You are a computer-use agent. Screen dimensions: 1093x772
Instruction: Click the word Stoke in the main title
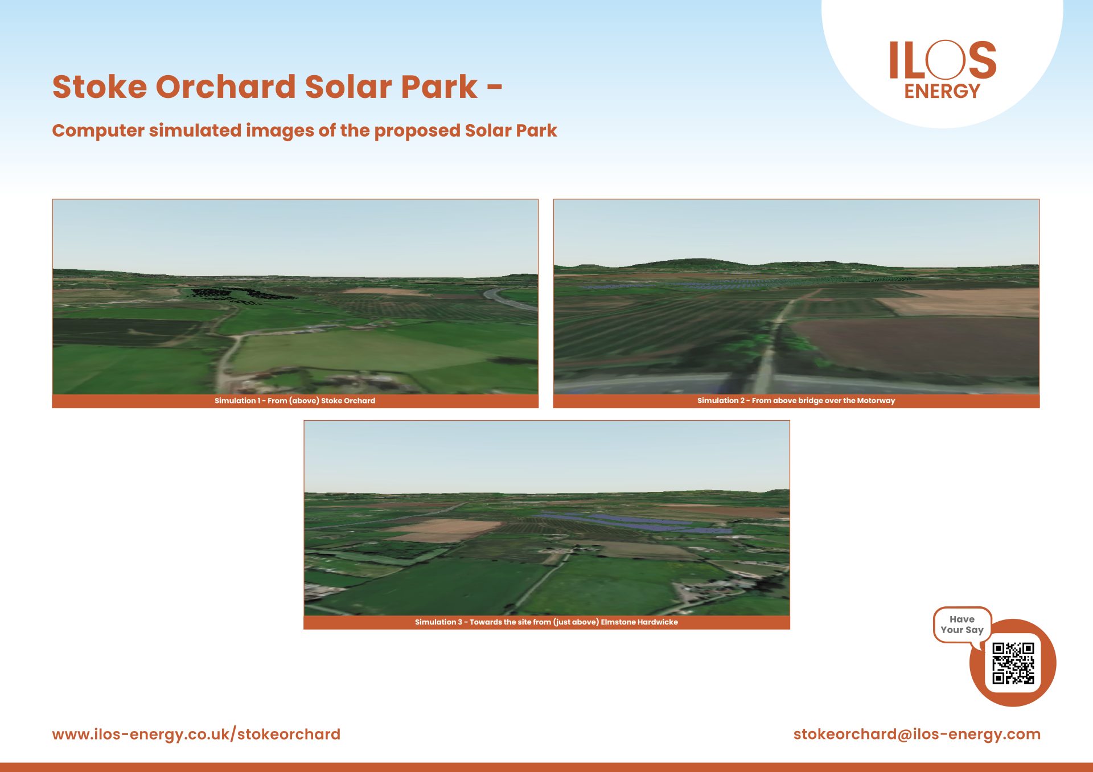(x=100, y=87)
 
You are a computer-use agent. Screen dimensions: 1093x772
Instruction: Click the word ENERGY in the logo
(x=942, y=91)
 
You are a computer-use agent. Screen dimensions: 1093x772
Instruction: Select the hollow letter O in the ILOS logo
(x=945, y=59)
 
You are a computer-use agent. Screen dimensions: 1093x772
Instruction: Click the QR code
(x=1013, y=663)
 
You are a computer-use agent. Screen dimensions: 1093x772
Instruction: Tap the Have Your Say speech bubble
(x=962, y=625)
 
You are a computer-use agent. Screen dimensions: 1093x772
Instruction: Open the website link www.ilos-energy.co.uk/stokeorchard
(x=196, y=734)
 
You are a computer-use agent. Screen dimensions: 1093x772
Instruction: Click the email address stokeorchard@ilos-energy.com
(x=917, y=734)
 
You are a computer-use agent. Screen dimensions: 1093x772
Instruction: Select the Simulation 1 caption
(x=295, y=401)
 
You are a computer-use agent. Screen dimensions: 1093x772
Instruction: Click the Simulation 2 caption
(x=796, y=401)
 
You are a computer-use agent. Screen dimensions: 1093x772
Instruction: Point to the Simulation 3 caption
(x=546, y=622)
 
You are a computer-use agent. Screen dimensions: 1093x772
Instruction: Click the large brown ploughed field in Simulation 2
(x=917, y=344)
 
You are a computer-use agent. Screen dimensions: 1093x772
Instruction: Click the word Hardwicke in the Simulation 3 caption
(x=659, y=622)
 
